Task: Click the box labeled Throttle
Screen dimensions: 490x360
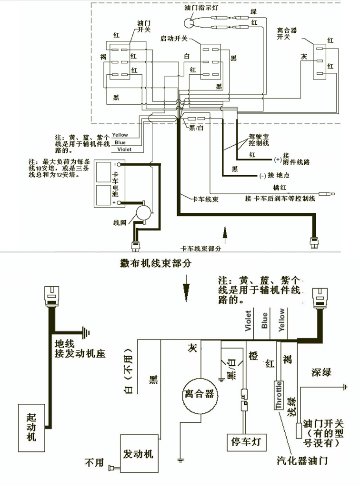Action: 279,395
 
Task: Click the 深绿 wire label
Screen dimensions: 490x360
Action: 321,372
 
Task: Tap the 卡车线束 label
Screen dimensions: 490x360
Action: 205,199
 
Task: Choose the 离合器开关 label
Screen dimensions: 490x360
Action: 287,33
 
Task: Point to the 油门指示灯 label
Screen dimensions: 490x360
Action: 200,9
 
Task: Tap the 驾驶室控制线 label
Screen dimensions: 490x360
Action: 259,139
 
